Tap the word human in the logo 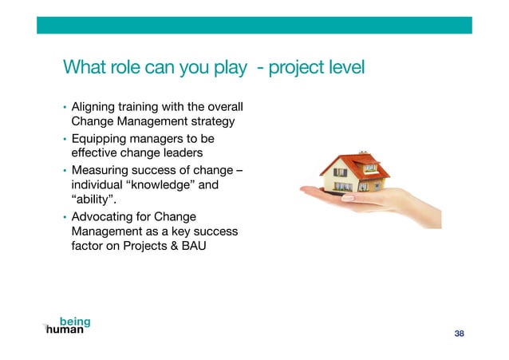click(x=65, y=330)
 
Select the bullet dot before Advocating click(x=65, y=217)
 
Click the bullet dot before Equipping click(x=65, y=139)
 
